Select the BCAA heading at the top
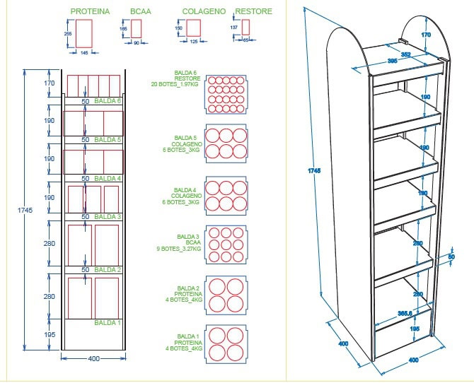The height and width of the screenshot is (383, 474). (x=141, y=12)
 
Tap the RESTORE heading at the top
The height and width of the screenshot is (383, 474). (x=253, y=12)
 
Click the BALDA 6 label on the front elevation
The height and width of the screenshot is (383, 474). (x=108, y=101)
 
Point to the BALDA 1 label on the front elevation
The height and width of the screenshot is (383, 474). (x=108, y=322)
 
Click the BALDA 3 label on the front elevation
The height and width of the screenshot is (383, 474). (x=108, y=216)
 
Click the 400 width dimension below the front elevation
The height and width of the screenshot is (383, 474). (x=93, y=359)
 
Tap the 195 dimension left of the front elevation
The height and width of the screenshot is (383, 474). (x=50, y=334)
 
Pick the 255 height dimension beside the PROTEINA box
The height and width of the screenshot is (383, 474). (x=68, y=33)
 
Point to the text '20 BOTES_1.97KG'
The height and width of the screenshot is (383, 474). (x=176, y=85)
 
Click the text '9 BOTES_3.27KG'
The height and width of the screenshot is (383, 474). (x=179, y=249)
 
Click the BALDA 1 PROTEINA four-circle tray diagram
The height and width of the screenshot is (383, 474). (x=226, y=343)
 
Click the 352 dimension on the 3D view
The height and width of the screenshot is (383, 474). (x=405, y=54)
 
